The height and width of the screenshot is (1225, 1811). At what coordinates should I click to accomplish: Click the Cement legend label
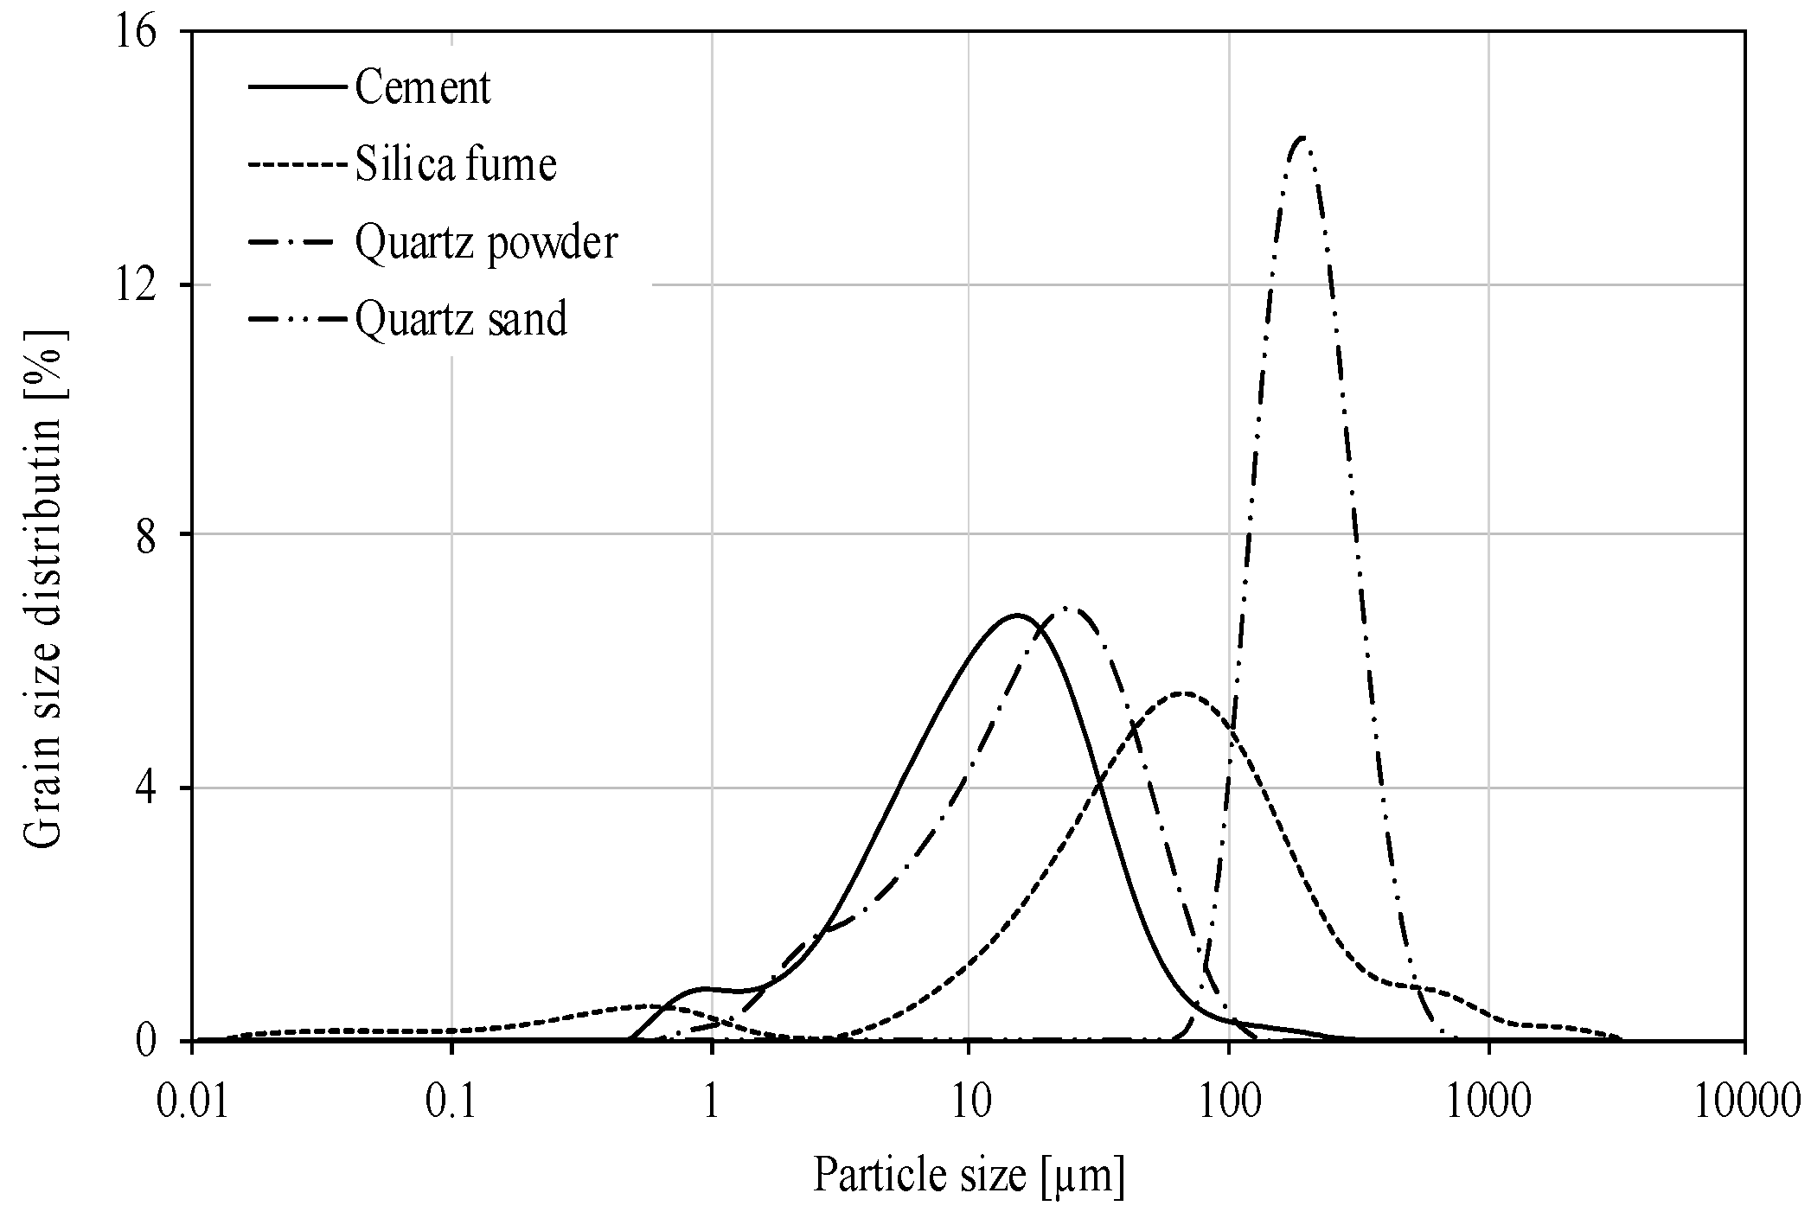(x=422, y=87)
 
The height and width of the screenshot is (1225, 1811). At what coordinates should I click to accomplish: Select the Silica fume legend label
(x=455, y=164)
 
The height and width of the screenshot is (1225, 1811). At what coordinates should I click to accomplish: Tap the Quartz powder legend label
(x=486, y=242)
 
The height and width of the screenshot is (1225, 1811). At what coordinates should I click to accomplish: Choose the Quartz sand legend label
(x=461, y=319)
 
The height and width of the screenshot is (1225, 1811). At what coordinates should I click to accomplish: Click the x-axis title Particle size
(x=969, y=1177)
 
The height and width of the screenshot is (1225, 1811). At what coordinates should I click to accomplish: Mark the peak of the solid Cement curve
(x=1017, y=615)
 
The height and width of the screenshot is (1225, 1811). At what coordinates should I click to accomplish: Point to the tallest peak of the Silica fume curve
(x=1183, y=692)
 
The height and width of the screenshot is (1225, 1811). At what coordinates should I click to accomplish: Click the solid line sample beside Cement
(x=299, y=87)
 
